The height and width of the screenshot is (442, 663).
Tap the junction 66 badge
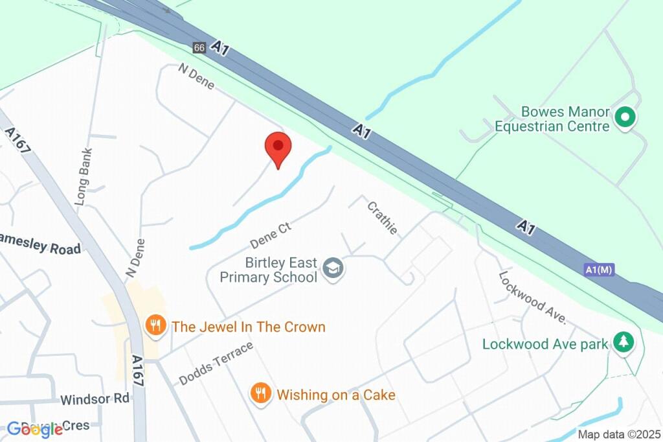click(x=199, y=48)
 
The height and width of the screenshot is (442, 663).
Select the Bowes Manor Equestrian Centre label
click(x=552, y=119)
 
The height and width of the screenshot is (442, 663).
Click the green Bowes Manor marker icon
click(x=625, y=118)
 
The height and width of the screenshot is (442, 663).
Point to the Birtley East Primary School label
click(x=281, y=270)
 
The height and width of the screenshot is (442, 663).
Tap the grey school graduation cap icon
click(x=333, y=268)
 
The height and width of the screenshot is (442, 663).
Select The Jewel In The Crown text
click(x=248, y=326)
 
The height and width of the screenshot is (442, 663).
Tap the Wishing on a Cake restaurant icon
click(x=260, y=393)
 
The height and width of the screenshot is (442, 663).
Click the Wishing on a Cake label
click(x=335, y=394)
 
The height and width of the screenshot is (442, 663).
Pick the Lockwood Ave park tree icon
click(x=624, y=342)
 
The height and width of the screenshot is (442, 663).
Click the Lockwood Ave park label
click(x=545, y=343)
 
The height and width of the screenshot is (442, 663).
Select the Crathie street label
click(x=382, y=218)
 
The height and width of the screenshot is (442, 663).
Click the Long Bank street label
click(x=84, y=177)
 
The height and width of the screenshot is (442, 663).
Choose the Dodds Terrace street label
click(x=216, y=363)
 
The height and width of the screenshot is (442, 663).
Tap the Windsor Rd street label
click(x=95, y=399)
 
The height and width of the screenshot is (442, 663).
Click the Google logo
click(x=35, y=429)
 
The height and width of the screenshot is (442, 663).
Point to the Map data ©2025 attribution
click(x=619, y=434)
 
